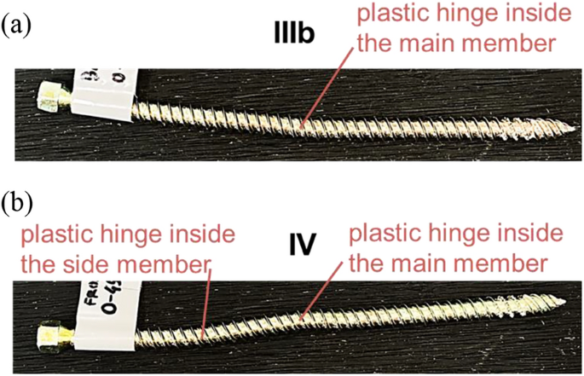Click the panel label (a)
click(17, 24)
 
